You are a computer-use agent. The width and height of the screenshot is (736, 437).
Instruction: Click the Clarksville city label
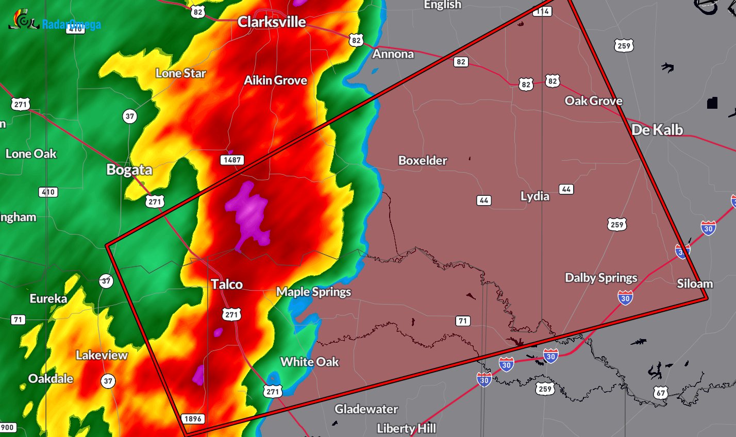[x=272, y=22]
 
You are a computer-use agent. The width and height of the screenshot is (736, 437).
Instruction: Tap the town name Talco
[x=227, y=284]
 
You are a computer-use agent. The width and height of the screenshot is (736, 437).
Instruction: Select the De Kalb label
[x=657, y=130]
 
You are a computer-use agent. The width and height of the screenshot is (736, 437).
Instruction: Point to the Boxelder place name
[x=423, y=161]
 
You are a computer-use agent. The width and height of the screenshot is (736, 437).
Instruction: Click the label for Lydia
[x=534, y=196]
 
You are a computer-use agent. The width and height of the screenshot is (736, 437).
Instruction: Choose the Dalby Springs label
[x=601, y=278]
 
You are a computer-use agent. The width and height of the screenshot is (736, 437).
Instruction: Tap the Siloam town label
[x=695, y=284]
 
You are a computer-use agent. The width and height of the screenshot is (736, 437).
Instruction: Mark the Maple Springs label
[x=313, y=292]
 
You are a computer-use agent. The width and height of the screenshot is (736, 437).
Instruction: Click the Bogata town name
[x=129, y=170]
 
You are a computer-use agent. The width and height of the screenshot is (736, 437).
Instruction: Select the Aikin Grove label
[x=275, y=80]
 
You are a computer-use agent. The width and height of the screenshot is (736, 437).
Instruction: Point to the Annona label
[x=393, y=54]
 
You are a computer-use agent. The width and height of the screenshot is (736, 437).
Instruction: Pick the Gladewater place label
[x=366, y=409]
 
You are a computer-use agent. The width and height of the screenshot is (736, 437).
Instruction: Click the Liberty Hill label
[x=406, y=428]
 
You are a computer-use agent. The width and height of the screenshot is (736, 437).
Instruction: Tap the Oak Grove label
[x=593, y=101]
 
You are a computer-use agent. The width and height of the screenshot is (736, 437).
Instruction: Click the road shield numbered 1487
[x=232, y=160]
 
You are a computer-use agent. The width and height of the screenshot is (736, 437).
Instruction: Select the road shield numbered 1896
[x=193, y=419]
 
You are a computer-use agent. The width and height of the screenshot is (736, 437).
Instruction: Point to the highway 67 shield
[x=661, y=393]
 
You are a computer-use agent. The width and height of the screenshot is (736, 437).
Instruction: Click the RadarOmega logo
[x=54, y=22]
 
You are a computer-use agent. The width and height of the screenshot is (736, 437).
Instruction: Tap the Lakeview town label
[x=102, y=355]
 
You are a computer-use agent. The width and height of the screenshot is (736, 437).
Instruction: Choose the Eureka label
[x=48, y=299]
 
